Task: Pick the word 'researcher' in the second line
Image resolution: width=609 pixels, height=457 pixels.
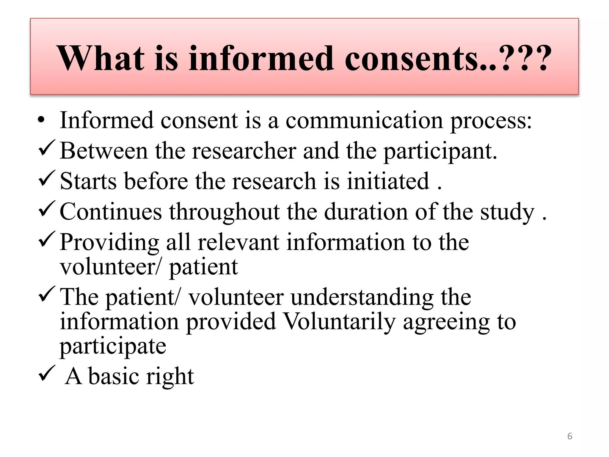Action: [x=244, y=151]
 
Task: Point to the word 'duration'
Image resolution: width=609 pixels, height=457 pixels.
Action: [x=366, y=212]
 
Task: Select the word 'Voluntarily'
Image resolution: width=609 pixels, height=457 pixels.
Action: [x=339, y=322]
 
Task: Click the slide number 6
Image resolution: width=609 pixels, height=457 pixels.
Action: [x=569, y=436]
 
